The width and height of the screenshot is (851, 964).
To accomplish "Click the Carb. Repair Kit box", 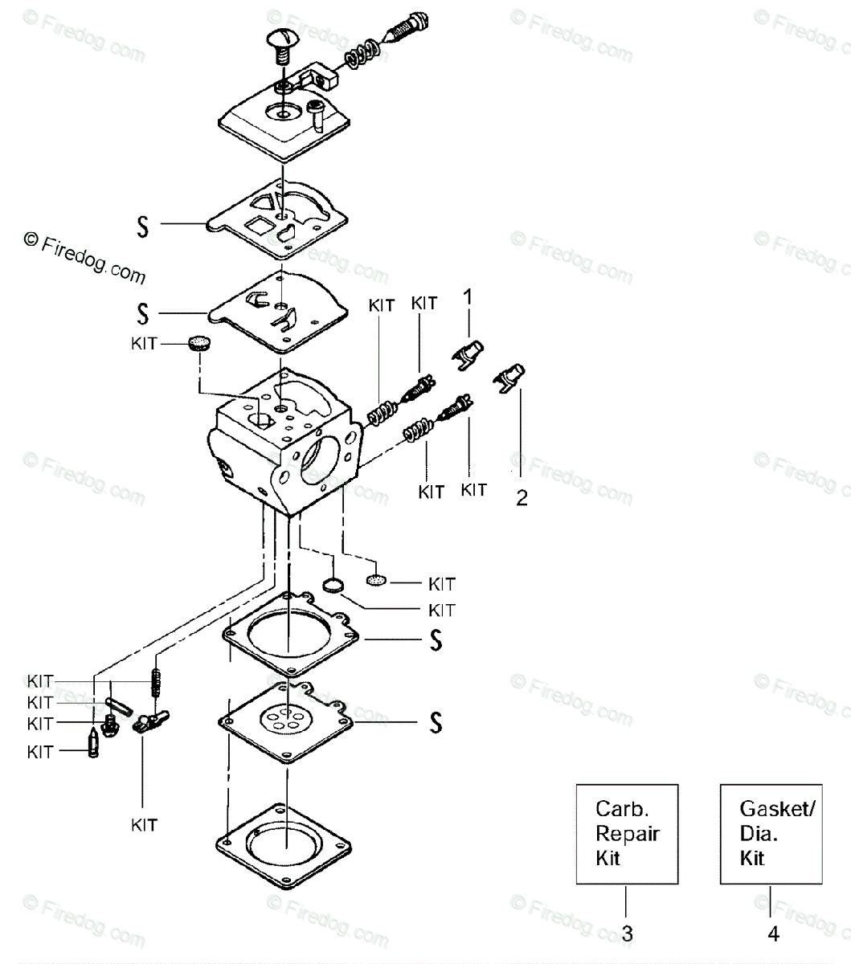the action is click(x=627, y=834).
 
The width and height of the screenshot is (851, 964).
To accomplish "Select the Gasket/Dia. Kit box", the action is click(x=771, y=834).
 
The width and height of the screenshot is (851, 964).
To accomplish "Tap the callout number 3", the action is click(x=628, y=933).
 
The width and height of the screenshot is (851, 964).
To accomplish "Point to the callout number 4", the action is click(x=773, y=933).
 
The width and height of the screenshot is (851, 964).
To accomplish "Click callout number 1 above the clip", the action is click(x=468, y=296).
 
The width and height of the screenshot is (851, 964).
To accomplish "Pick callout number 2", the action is click(x=522, y=498).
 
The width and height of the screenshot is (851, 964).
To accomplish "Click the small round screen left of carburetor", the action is click(x=200, y=342).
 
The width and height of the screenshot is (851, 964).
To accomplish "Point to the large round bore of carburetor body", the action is click(x=319, y=460).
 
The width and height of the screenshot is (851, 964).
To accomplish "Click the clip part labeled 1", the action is click(x=468, y=354).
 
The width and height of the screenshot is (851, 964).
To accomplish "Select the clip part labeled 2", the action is click(x=509, y=378).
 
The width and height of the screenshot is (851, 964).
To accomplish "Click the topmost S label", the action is click(x=142, y=227).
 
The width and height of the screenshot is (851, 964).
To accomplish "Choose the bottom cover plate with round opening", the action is click(x=284, y=847).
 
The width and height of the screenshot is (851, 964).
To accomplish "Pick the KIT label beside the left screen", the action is click(x=144, y=343).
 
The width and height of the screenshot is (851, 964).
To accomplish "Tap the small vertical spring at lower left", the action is click(x=155, y=682).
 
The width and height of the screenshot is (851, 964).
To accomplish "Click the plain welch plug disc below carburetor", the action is click(x=333, y=585).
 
